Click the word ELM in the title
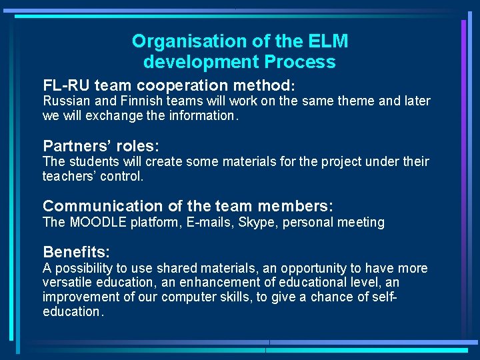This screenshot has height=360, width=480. (328, 41)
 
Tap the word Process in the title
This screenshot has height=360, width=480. (301, 62)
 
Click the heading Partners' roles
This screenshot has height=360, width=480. (101, 146)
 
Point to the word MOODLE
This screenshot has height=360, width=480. (99, 222)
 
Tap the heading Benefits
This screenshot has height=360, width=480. (76, 252)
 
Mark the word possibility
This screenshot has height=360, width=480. (85, 268)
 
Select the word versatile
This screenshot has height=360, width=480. (67, 283)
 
